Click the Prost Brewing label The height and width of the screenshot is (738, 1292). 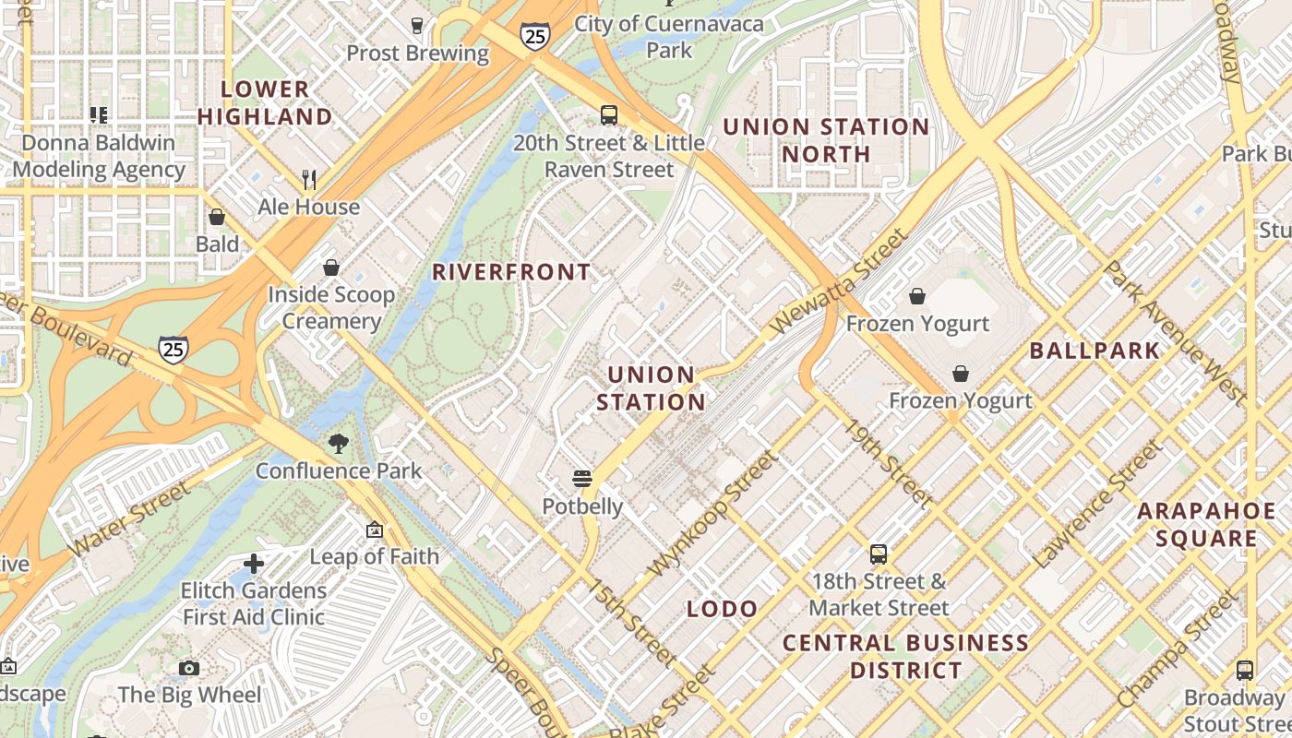[417, 53]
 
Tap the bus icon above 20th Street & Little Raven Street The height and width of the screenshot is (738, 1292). [609, 115]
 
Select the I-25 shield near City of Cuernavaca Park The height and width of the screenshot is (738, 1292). [534, 35]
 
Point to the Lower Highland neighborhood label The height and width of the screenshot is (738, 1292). [265, 102]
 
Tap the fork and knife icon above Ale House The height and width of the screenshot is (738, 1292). [309, 179]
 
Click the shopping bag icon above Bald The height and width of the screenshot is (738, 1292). [217, 218]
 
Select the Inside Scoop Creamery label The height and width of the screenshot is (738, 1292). [331, 308]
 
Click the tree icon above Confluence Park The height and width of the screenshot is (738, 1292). [339, 444]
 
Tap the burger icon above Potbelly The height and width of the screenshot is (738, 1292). [581, 479]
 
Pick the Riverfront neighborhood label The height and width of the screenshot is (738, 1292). [511, 272]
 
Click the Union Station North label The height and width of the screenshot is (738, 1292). [826, 140]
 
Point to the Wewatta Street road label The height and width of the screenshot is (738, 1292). [837, 281]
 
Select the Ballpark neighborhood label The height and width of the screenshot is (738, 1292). [1095, 351]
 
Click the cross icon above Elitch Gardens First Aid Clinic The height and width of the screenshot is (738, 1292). [254, 563]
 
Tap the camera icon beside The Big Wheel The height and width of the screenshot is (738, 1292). [189, 668]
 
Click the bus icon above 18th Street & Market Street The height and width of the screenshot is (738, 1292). [879, 554]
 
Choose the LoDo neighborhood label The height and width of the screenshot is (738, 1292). [723, 609]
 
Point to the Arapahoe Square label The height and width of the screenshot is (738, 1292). [1206, 524]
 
